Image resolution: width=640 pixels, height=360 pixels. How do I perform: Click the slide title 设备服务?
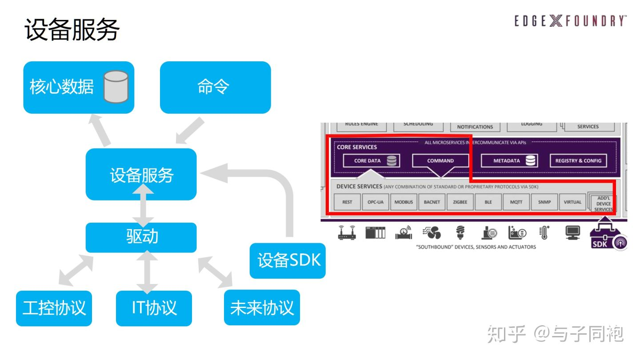pyautogui.click(x=72, y=30)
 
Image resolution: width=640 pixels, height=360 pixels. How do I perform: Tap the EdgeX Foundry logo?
pyautogui.click(x=571, y=21)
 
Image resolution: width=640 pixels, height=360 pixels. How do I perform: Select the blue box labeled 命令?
pyautogui.click(x=215, y=87)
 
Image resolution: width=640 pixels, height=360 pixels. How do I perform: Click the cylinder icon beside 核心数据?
pyautogui.click(x=116, y=87)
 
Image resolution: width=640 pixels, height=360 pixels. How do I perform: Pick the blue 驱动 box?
pyautogui.click(x=141, y=237)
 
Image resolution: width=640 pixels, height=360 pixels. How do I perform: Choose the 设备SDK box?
pyautogui.click(x=288, y=260)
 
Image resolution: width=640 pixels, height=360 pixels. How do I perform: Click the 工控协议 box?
pyautogui.click(x=54, y=308)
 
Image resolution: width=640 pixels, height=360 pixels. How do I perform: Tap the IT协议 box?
pyautogui.click(x=154, y=308)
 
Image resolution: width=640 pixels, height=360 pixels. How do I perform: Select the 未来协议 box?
pyautogui.click(x=262, y=308)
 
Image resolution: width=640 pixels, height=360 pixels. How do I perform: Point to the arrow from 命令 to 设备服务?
pyautogui.click(x=189, y=131)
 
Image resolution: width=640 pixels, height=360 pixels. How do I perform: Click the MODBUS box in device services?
pyautogui.click(x=404, y=202)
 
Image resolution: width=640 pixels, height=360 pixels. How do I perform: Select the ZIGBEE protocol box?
pyautogui.click(x=460, y=202)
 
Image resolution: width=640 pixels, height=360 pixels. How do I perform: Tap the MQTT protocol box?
pyautogui.click(x=516, y=202)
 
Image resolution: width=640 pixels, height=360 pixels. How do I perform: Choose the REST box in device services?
pyautogui.click(x=347, y=202)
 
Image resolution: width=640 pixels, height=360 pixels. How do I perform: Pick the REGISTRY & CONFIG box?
pyautogui.click(x=578, y=161)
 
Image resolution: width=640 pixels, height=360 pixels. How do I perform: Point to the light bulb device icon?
pyautogui.click(x=460, y=232)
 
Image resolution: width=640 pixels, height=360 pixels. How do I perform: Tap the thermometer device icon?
pyautogui.click(x=544, y=232)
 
